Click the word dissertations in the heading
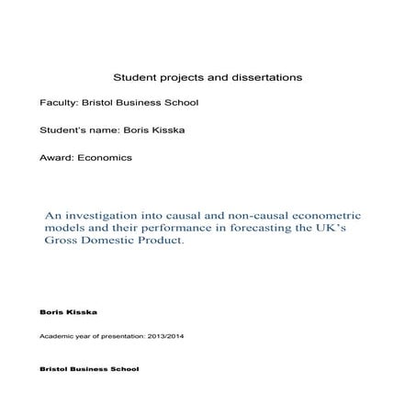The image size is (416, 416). click(x=264, y=78)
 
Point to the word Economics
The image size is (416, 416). click(x=105, y=157)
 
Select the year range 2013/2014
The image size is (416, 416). click(x=162, y=337)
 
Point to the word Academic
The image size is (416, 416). click(x=57, y=337)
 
